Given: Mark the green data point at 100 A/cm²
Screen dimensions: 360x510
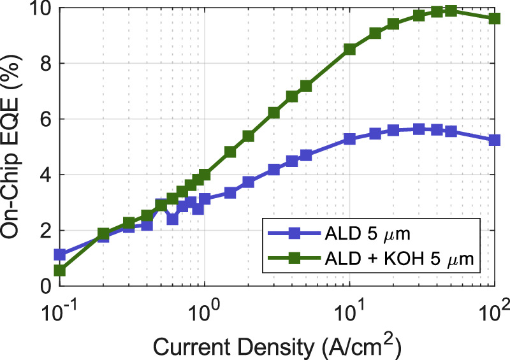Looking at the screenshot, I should [495, 18].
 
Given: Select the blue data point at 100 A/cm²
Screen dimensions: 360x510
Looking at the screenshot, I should [495, 140].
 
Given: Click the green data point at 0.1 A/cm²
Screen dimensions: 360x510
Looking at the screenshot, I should [60, 270].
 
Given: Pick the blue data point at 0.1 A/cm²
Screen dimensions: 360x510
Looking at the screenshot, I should [60, 254].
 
